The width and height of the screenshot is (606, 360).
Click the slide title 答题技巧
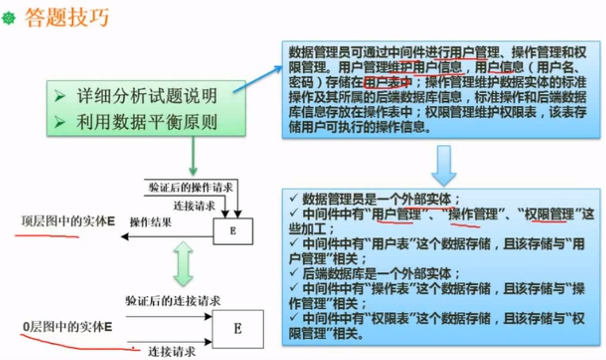point(67,17)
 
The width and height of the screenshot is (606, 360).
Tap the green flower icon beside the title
point(8,18)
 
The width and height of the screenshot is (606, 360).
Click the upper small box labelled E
point(233,231)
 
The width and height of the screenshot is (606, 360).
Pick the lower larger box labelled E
point(238,329)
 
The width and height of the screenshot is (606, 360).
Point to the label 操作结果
point(150,222)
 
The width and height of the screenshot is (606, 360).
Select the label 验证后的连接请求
point(173,301)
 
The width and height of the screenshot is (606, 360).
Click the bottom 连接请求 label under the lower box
point(172,352)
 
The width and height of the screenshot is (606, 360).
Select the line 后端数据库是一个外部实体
point(381,273)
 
